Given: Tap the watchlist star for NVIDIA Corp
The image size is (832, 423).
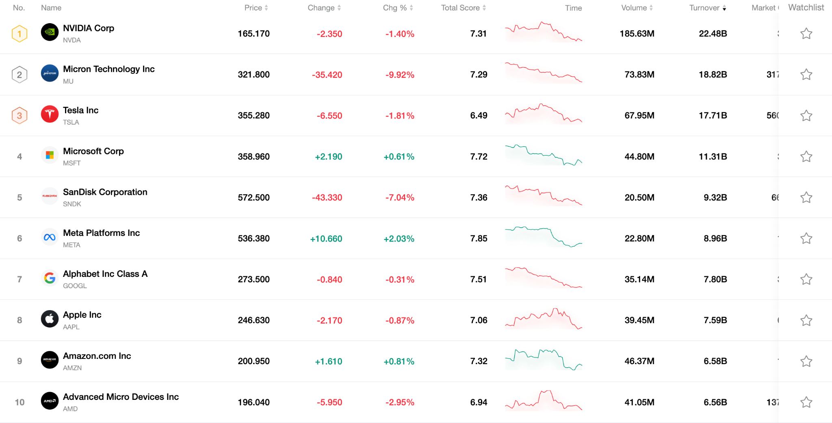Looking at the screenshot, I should pyautogui.click(x=806, y=34).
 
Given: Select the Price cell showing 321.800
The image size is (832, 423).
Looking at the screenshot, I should pyautogui.click(x=253, y=75).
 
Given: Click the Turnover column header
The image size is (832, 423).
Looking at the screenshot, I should pyautogui.click(x=707, y=8).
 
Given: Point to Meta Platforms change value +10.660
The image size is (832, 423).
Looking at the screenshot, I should pyautogui.click(x=326, y=239).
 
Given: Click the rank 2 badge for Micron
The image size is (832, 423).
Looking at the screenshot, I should pyautogui.click(x=19, y=75).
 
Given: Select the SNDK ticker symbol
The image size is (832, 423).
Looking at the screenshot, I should pyautogui.click(x=72, y=204).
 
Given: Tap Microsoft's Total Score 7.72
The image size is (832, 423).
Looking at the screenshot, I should pyautogui.click(x=479, y=157).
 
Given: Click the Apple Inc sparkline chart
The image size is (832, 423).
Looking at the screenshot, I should pyautogui.click(x=543, y=319).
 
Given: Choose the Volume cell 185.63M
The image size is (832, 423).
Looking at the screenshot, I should pyautogui.click(x=637, y=34).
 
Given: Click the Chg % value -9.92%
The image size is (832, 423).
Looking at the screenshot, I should pyautogui.click(x=400, y=75).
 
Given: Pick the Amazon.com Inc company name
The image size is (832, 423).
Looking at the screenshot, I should pyautogui.click(x=97, y=356).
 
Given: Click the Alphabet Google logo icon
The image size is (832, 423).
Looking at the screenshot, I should pyautogui.click(x=50, y=278).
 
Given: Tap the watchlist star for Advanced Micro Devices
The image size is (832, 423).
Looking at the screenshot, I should pyautogui.click(x=806, y=402).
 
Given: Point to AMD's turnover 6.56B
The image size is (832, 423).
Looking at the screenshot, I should pyautogui.click(x=715, y=402).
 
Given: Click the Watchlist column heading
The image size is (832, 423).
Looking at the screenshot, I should pyautogui.click(x=806, y=7).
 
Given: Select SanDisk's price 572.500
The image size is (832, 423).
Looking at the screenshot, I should pyautogui.click(x=253, y=198).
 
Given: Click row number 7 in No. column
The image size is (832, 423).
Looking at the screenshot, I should pyautogui.click(x=19, y=279).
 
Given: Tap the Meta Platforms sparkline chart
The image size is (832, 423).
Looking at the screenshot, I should pyautogui.click(x=543, y=237).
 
